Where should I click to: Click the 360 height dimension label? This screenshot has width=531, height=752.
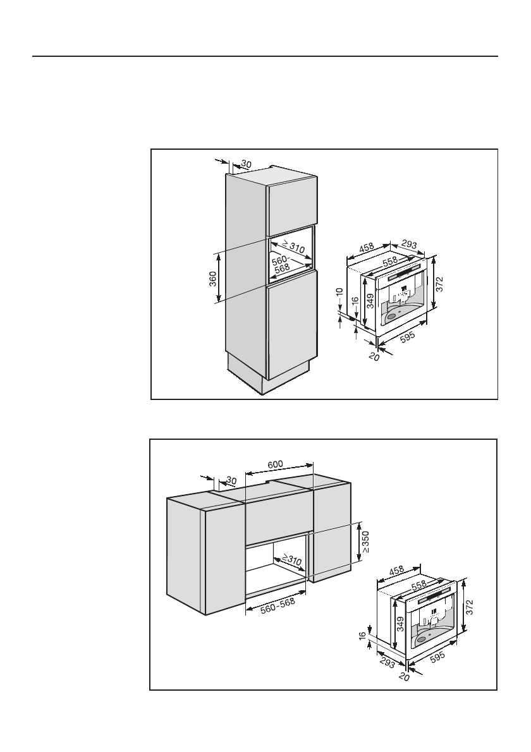pos(213,279)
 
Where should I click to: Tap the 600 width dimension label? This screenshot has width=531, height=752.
pos(275,464)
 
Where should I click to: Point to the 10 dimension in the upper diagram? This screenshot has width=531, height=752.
pos(339,295)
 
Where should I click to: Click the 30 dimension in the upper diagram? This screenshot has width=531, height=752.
pos(247,164)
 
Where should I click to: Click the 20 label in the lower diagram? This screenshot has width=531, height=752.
pos(405,676)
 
